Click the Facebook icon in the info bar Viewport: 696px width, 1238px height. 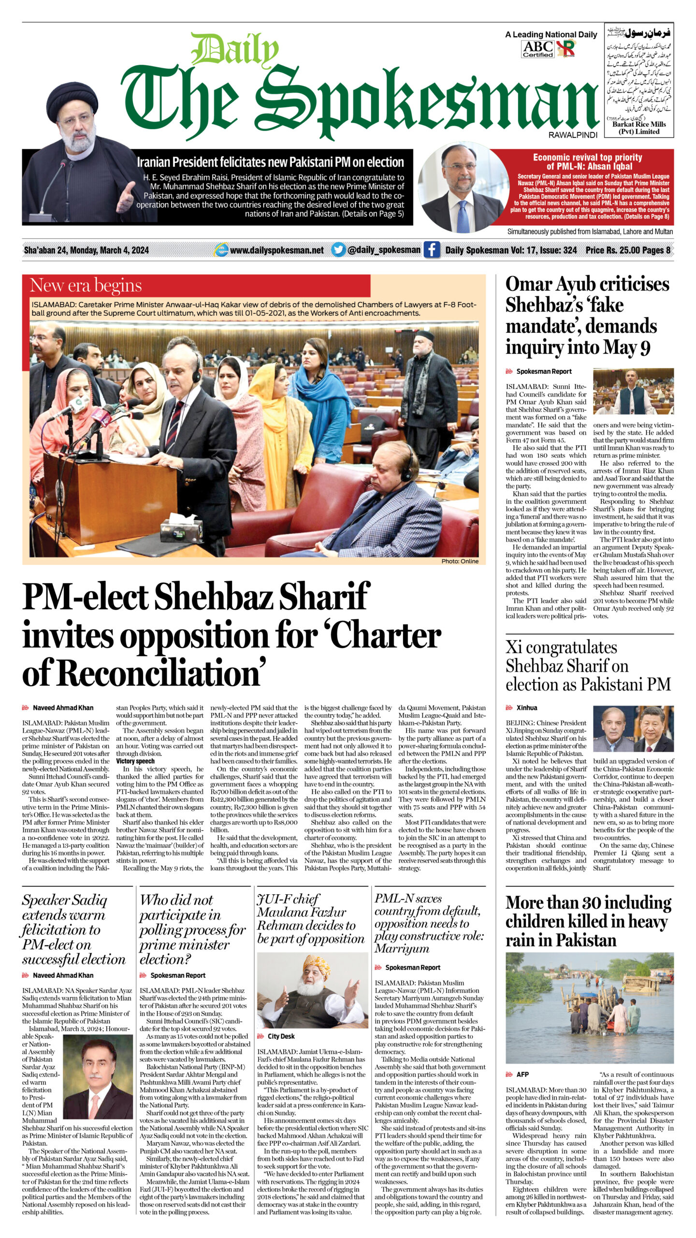432,250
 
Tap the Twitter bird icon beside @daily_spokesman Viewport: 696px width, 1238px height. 339,250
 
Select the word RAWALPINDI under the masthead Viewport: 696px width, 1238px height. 573,135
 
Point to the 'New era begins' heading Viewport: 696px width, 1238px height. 86,286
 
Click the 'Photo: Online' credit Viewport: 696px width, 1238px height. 460,561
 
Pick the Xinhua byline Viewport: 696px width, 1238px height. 527,707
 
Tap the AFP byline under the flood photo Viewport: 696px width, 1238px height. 522,1074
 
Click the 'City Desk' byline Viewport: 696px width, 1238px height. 281,1036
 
